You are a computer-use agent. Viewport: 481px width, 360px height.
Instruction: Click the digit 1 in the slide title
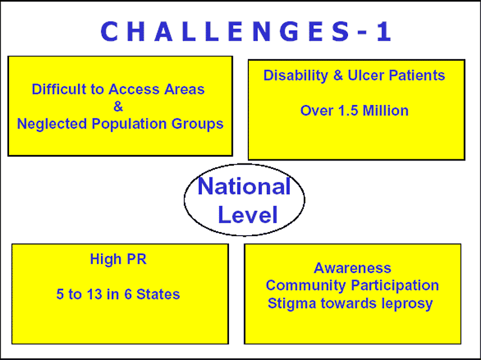(x=384, y=31)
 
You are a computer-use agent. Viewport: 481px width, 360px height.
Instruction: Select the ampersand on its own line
(x=118, y=107)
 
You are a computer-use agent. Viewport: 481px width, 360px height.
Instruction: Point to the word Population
(x=129, y=124)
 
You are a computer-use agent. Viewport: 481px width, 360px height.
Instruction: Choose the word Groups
(x=197, y=124)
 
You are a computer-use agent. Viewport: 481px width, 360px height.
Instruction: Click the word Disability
(x=296, y=76)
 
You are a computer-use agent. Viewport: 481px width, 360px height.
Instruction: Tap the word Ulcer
(x=366, y=76)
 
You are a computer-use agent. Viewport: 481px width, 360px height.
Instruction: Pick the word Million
(x=385, y=111)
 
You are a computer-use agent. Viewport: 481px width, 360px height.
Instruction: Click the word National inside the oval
(x=244, y=186)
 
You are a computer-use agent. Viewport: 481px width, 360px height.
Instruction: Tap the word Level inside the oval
(x=248, y=215)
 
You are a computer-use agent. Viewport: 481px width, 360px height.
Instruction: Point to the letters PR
(x=136, y=259)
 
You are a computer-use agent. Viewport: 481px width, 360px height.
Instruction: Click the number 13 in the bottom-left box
(x=94, y=294)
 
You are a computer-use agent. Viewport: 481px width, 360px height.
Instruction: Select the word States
(x=158, y=294)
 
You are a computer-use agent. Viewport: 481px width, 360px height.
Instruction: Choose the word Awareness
(x=352, y=268)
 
